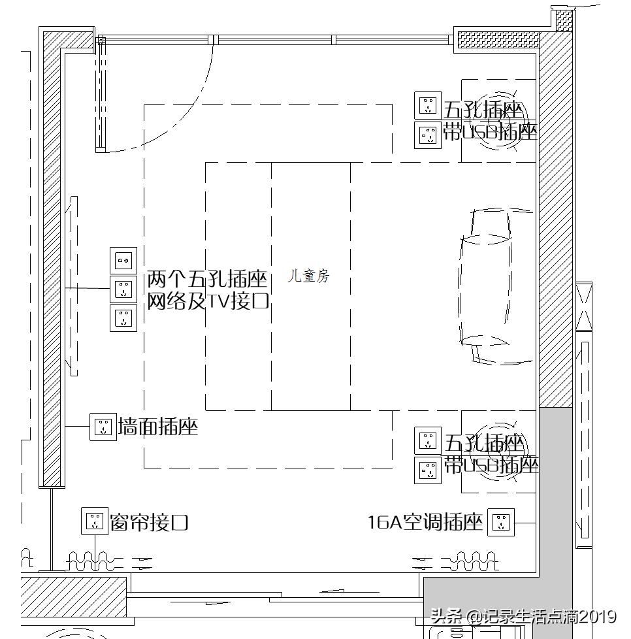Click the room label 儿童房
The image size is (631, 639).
309,276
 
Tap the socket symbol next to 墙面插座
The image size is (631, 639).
103,427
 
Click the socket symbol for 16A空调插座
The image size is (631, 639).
501,522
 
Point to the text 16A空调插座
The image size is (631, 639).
425,523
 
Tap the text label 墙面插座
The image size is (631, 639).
157,428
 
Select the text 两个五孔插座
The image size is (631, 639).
208,280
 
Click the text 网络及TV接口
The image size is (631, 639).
208,301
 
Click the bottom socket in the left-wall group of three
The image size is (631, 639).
123,318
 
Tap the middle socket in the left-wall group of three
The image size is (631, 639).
123,289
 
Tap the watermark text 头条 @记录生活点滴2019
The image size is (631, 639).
523,616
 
